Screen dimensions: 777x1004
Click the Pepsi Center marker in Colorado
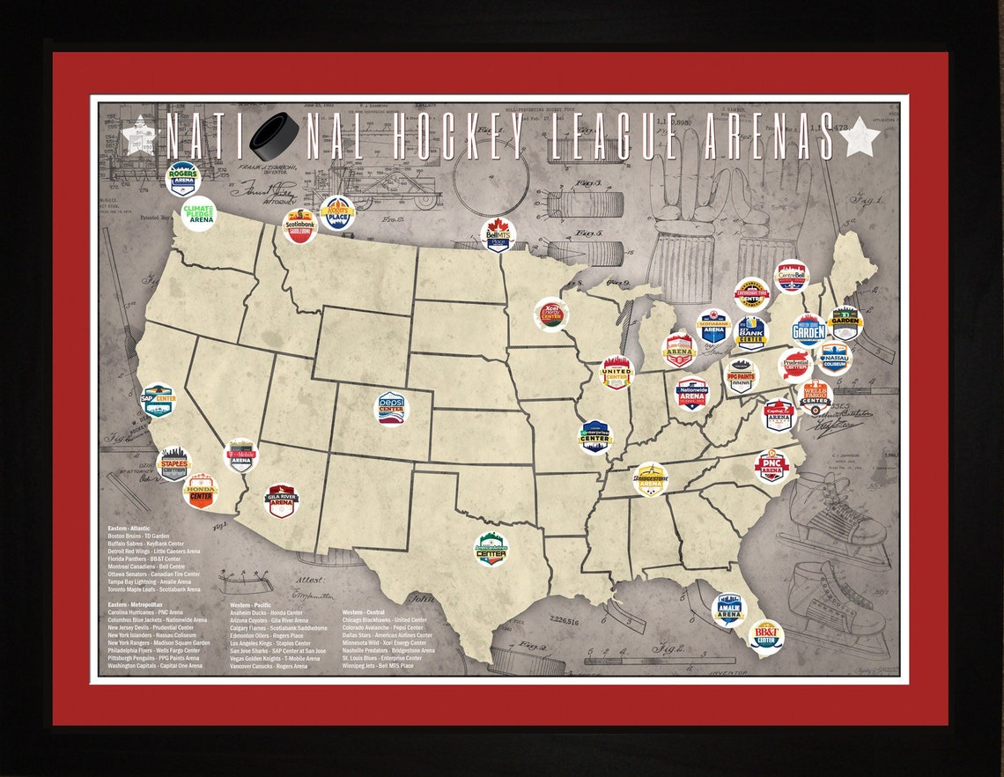coord(393,408)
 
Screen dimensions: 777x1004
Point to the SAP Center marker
coord(159,400)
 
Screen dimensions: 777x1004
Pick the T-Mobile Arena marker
coord(240,455)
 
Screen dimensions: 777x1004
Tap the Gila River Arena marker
coord(281,501)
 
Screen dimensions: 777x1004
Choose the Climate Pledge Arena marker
coord(198,214)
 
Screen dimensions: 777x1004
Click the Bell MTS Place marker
coord(498,235)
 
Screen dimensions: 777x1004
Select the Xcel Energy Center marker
coord(552,314)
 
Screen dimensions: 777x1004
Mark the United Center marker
coord(617,373)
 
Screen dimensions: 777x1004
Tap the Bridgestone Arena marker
coord(651,479)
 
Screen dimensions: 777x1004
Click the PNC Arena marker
coord(771,466)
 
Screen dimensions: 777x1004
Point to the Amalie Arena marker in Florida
coord(728,609)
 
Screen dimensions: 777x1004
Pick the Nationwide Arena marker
coord(692,394)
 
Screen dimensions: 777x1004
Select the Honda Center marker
coord(200,492)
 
